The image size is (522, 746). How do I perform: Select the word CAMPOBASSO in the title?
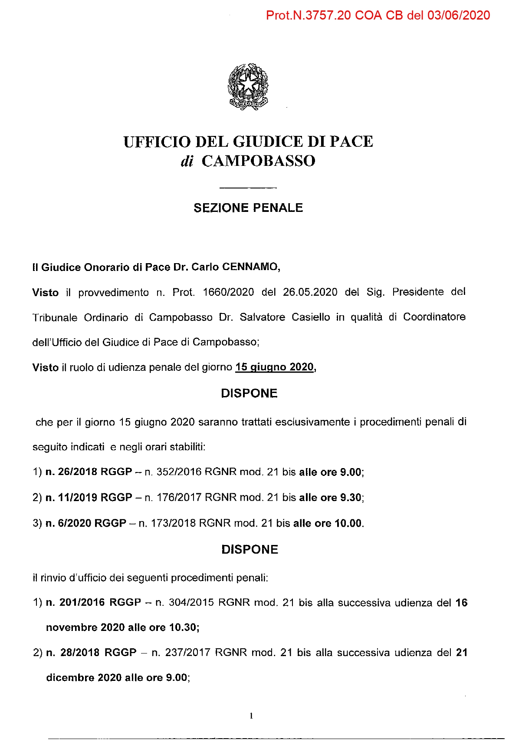tap(258, 161)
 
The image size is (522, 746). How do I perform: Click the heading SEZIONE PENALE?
tap(248, 208)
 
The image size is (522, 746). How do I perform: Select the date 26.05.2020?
tap(310, 292)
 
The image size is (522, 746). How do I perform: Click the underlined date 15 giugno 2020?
tap(274, 367)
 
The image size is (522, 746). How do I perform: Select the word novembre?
tap(72, 627)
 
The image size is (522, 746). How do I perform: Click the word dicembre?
tap(70, 678)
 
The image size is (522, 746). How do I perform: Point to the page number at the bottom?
tap(251, 716)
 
